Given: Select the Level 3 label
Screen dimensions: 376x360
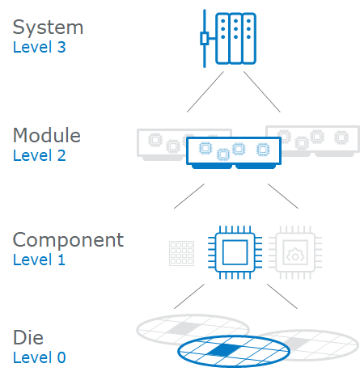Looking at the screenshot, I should (x=39, y=47).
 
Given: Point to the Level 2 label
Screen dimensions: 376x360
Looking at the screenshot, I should (x=39, y=154).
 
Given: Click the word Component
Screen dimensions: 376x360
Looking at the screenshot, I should (x=68, y=239).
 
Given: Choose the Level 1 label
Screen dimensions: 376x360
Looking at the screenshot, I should (x=39, y=260).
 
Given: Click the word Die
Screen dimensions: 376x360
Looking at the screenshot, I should (x=29, y=336).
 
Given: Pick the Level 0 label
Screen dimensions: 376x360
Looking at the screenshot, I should (x=39, y=357).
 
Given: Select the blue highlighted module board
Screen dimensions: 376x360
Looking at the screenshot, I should (x=233, y=152).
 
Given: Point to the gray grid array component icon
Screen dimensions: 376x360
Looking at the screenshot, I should (x=183, y=252).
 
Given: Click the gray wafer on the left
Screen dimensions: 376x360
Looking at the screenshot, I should (x=170, y=327).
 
